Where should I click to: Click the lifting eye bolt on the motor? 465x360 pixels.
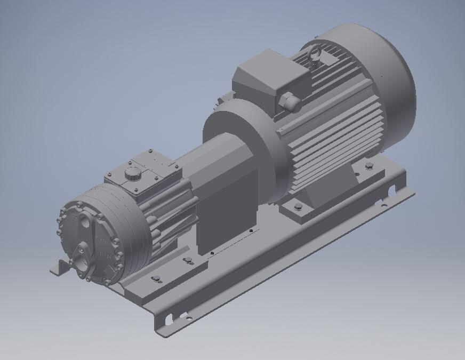tap(314, 53)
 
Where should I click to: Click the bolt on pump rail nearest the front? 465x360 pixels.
tap(156, 279)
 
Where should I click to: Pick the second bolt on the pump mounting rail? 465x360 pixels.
tap(188, 260)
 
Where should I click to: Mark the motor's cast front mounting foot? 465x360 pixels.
tap(299, 211)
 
